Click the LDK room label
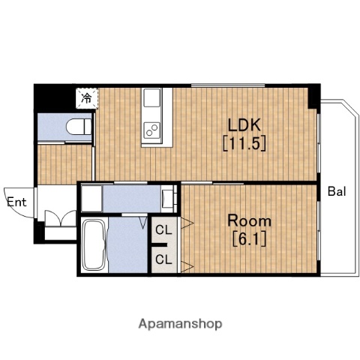point(244,125)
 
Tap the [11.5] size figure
point(244,144)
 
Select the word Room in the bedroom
point(249,220)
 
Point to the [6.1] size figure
point(249,239)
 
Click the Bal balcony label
point(337,191)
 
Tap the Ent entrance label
point(16,202)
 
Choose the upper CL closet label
point(163,230)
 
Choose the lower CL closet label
point(163,259)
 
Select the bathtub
point(94,245)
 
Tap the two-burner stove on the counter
point(151,130)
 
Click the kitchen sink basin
point(151,97)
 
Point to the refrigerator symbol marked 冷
point(87,98)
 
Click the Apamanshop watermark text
point(180,324)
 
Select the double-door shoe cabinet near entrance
point(61,219)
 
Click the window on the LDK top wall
point(228,85)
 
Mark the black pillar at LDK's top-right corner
point(314,96)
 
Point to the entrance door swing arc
point(15,208)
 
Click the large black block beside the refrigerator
point(55,99)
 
